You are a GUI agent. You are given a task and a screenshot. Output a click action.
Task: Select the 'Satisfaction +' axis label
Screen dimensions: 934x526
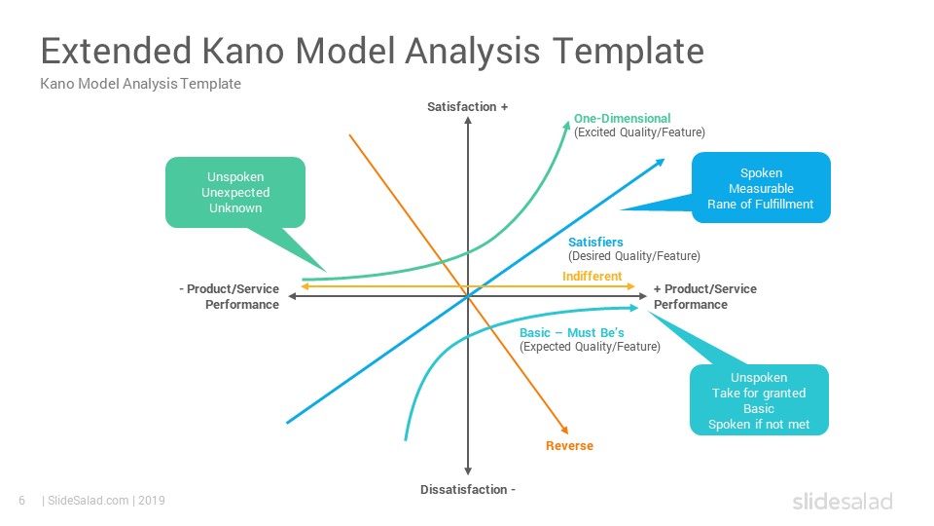(x=468, y=107)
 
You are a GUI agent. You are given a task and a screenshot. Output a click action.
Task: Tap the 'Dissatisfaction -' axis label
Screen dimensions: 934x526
(x=468, y=490)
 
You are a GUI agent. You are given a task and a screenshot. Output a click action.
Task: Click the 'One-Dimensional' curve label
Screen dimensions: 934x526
(x=622, y=118)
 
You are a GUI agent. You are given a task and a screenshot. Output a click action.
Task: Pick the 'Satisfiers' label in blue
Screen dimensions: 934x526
(x=595, y=243)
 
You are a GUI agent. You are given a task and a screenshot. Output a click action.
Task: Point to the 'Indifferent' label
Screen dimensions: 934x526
(x=592, y=276)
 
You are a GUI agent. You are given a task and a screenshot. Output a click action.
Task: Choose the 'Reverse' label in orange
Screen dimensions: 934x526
(x=569, y=445)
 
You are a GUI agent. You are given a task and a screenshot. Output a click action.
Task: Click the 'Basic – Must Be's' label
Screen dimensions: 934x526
(x=571, y=333)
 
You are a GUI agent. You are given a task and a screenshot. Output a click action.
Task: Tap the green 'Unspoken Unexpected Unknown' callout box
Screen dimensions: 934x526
(x=235, y=193)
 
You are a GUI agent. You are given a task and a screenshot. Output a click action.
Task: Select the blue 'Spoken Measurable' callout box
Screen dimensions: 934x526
(x=761, y=188)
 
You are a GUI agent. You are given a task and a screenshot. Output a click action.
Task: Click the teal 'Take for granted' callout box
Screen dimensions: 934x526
(x=759, y=400)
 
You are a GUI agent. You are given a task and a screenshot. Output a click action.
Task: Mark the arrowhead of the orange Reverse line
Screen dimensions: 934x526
(x=564, y=430)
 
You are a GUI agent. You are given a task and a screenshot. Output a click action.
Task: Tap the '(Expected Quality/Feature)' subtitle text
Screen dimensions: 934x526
(x=590, y=347)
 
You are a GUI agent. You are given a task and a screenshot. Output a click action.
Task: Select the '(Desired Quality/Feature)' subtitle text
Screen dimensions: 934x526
(x=633, y=256)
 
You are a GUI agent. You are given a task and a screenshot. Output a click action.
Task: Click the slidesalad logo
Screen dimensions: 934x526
(x=843, y=501)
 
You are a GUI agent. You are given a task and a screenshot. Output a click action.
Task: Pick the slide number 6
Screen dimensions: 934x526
(x=22, y=501)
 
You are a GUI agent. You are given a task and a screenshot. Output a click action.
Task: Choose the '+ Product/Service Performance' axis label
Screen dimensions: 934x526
(x=704, y=296)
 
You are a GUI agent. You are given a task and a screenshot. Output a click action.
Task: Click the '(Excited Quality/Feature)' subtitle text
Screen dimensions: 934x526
(x=639, y=131)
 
